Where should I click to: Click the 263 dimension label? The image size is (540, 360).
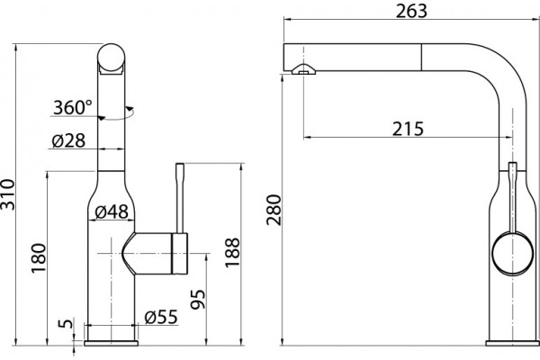[x=411, y=11]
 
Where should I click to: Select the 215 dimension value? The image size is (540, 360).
[x=408, y=129]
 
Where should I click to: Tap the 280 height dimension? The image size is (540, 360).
[x=274, y=210]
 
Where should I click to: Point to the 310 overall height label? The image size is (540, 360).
[x=7, y=194]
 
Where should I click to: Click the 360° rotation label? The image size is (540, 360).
[x=73, y=107]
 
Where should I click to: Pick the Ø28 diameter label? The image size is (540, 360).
[x=68, y=140]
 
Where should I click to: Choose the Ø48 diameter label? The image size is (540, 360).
[x=112, y=211]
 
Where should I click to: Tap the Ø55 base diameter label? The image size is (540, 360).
[x=161, y=317]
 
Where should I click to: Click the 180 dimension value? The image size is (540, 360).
[x=38, y=258]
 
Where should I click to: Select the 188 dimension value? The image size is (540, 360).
[x=232, y=253]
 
